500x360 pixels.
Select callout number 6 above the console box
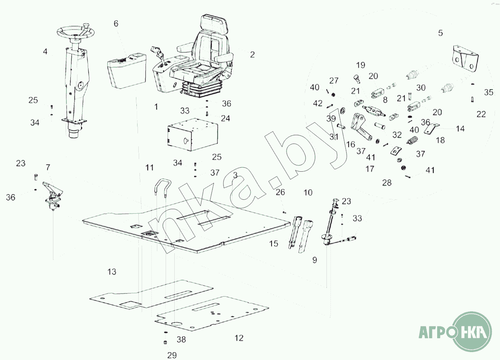coord(116,23)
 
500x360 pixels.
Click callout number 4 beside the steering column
coord(45,51)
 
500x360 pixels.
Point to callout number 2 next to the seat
coord(252,55)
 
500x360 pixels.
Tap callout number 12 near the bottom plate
coord(239,338)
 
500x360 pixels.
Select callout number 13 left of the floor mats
coord(112,272)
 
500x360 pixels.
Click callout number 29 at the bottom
coord(172,355)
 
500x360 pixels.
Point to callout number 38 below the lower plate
coord(181,339)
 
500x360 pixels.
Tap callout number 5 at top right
coord(440,33)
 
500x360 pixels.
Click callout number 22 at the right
coord(481,114)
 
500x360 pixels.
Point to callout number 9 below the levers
coord(315,260)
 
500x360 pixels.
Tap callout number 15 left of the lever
coord(274,243)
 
